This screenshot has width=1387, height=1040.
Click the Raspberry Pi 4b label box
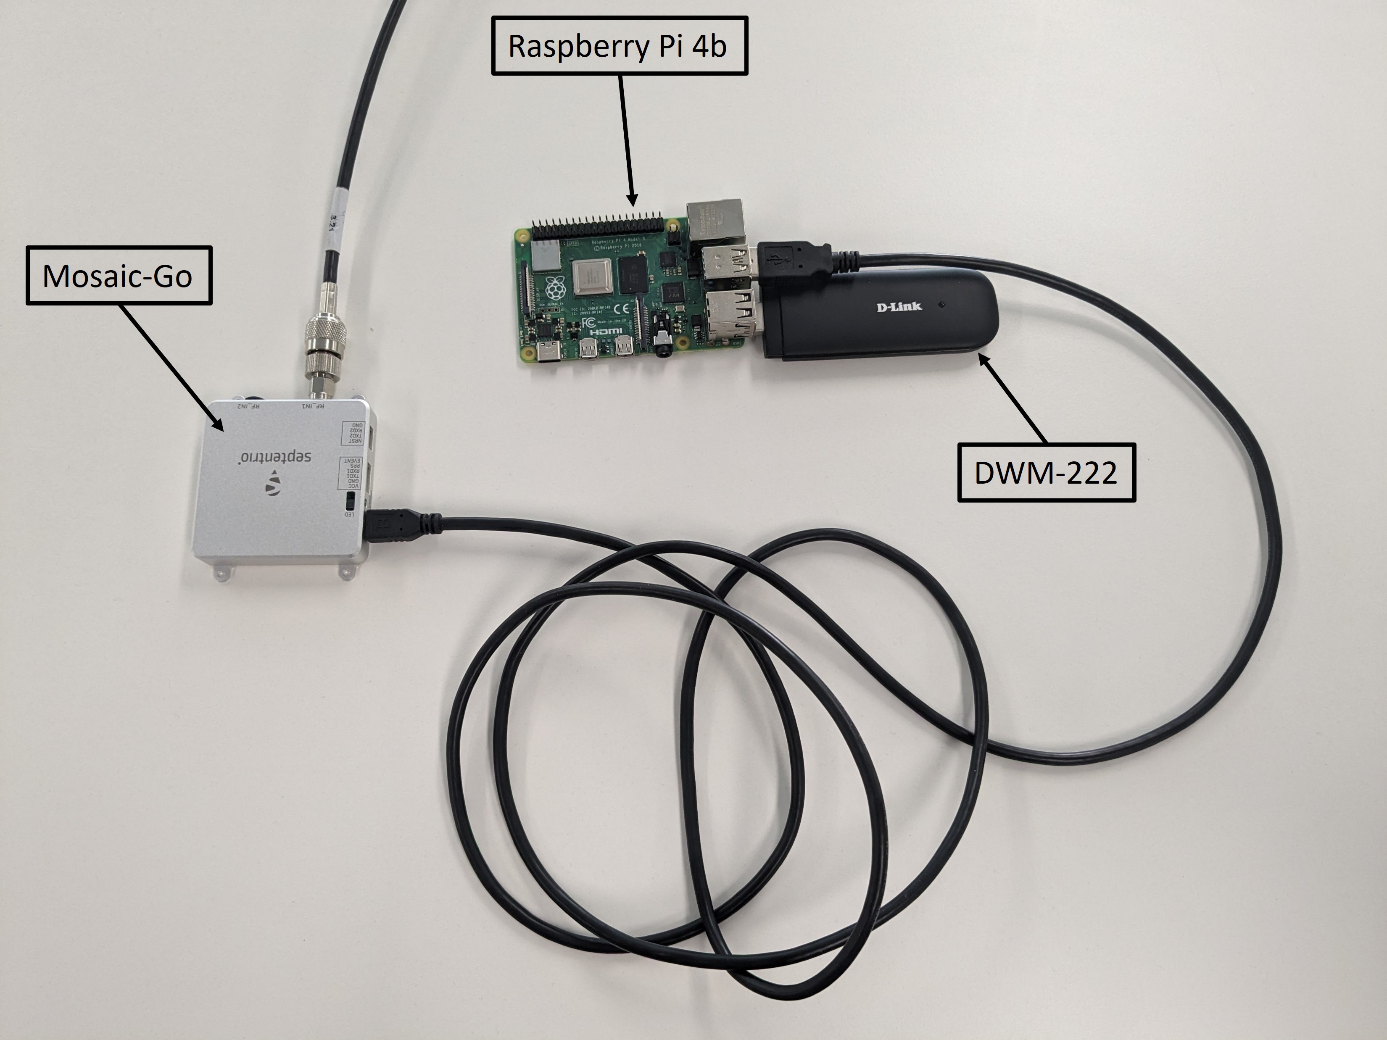coord(619,46)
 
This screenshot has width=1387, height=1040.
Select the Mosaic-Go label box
coord(119,276)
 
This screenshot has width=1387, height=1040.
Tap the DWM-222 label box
coord(1046,473)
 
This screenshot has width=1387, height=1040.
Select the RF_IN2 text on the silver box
coord(249,405)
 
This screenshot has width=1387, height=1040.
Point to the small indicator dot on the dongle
coord(942,305)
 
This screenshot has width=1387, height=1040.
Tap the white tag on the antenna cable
coord(339,216)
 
